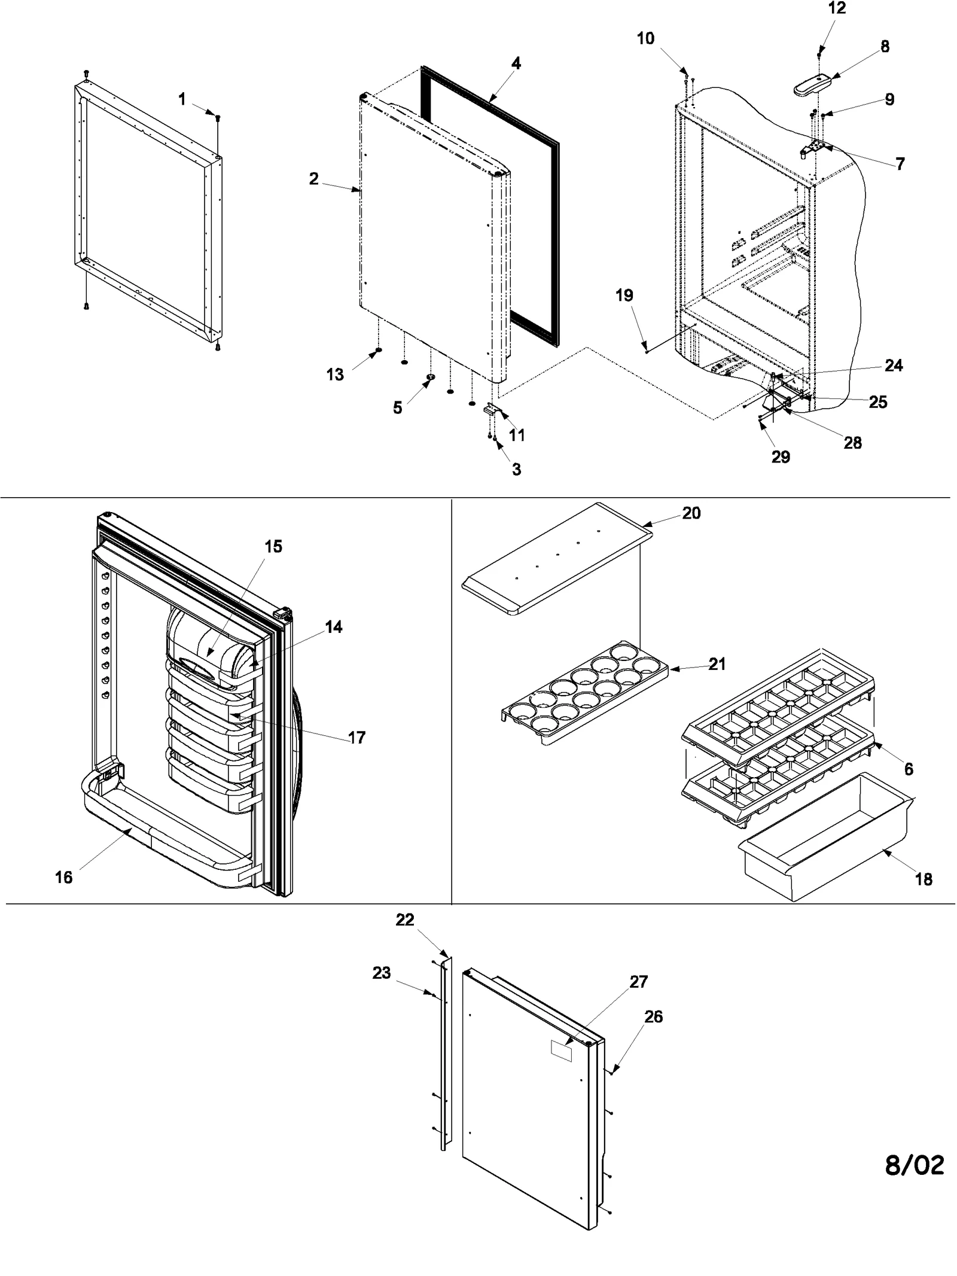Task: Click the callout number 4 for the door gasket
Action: pyautogui.click(x=516, y=63)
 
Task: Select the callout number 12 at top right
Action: pyautogui.click(x=837, y=8)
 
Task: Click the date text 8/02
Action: pyautogui.click(x=914, y=1165)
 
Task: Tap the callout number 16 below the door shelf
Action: pyautogui.click(x=63, y=878)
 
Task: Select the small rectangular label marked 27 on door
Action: pyautogui.click(x=560, y=1050)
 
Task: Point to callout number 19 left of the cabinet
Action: pyautogui.click(x=624, y=296)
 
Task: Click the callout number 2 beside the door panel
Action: pyautogui.click(x=313, y=179)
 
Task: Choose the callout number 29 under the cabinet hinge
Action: pyautogui.click(x=781, y=457)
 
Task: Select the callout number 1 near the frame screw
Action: pyautogui.click(x=182, y=99)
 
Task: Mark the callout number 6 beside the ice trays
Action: pyautogui.click(x=909, y=769)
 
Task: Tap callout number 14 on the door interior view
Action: pyautogui.click(x=334, y=627)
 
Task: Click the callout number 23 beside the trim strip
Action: pyautogui.click(x=382, y=973)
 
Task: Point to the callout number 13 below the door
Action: pyautogui.click(x=335, y=374)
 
